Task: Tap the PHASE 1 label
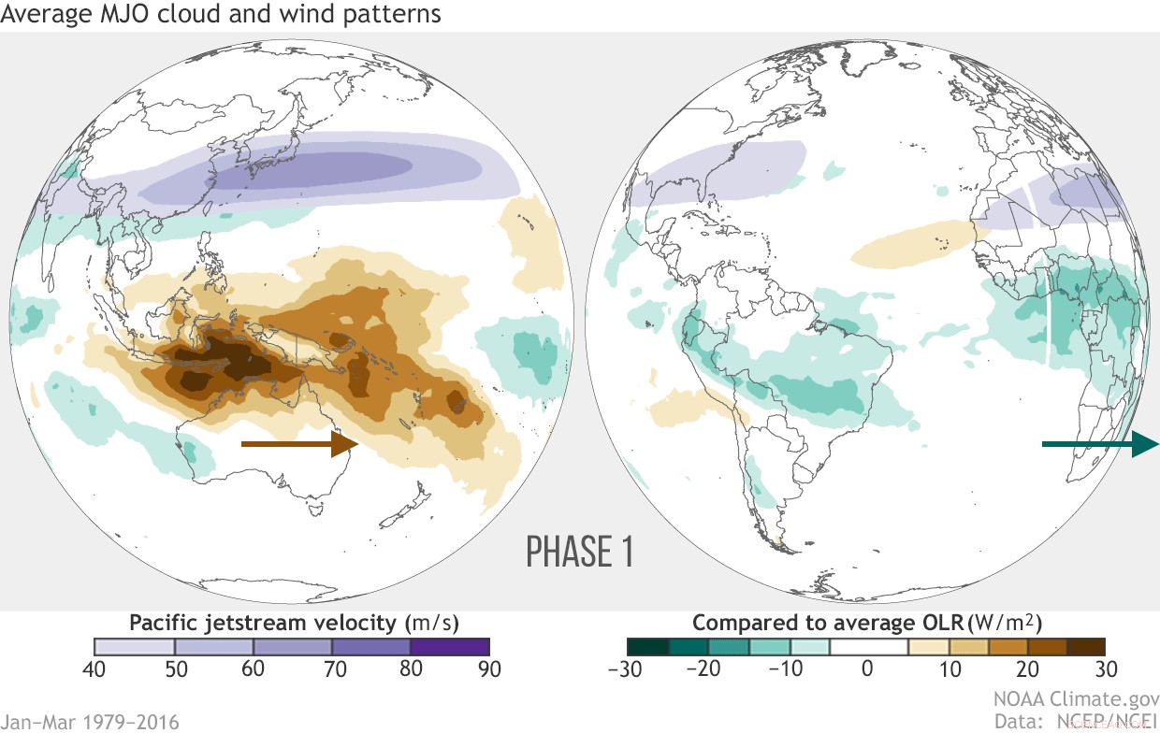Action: click(580, 552)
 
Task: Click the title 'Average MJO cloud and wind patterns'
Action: click(222, 15)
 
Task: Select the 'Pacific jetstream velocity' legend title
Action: click(293, 623)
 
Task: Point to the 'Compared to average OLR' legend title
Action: click(866, 623)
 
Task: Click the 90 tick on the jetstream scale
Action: click(489, 668)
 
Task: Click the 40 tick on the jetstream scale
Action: click(95, 668)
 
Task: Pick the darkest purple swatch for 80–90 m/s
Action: click(450, 647)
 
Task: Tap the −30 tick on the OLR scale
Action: click(623, 668)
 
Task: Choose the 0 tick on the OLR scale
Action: click(866, 668)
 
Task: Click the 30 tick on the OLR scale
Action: click(1106, 668)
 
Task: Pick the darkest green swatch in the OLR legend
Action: click(647, 647)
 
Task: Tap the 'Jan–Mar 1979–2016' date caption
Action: click(90, 721)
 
